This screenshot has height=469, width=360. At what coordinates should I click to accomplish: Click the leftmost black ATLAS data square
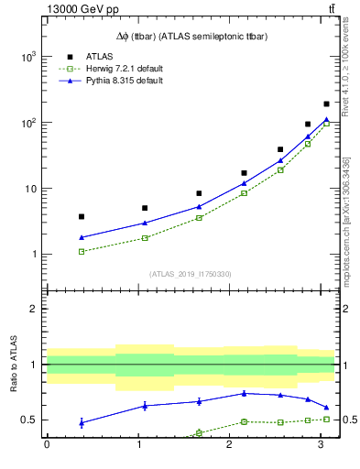(82, 216)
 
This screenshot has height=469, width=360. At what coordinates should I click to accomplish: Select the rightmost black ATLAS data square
(326, 104)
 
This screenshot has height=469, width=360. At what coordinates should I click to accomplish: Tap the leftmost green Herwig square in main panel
(82, 251)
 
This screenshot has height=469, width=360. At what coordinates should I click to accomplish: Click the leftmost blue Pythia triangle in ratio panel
(82, 422)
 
